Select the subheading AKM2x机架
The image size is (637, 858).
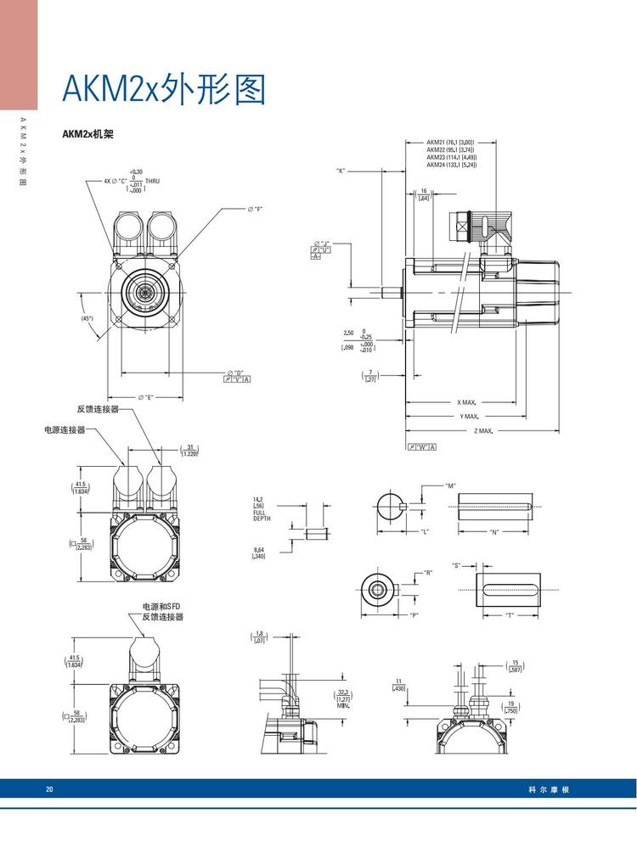[87, 134]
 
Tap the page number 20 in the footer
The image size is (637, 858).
[49, 789]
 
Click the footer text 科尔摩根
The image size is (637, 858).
[548, 789]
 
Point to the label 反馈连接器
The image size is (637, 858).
[97, 410]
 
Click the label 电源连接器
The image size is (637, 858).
[65, 430]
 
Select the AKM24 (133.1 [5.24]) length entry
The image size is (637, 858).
[451, 165]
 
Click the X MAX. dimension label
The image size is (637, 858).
[466, 402]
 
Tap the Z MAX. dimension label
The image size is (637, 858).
[483, 431]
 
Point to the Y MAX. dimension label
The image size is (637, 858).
[470, 417]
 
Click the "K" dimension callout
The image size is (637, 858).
[341, 171]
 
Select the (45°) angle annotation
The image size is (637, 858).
[87, 318]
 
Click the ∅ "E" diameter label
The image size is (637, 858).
[145, 397]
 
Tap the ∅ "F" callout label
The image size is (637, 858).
[255, 209]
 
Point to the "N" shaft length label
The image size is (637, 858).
[493, 531]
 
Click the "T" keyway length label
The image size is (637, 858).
[509, 614]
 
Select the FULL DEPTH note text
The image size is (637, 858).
[260, 515]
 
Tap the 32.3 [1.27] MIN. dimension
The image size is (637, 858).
[344, 698]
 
